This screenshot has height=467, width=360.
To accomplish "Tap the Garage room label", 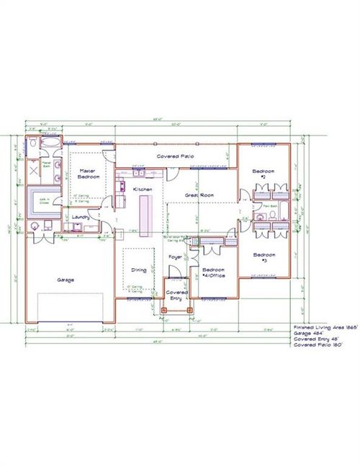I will coord(66,279).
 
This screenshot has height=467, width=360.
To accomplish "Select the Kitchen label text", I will coord(143,189).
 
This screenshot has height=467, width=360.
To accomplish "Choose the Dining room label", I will coord(139,270).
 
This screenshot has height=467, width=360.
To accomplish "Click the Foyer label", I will coord(175,256).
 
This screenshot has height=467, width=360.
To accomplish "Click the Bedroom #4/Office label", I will coord(213,273).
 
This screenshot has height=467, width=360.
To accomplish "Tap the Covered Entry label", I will coord(176,296).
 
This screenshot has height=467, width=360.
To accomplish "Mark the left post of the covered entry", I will coord(163,311).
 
